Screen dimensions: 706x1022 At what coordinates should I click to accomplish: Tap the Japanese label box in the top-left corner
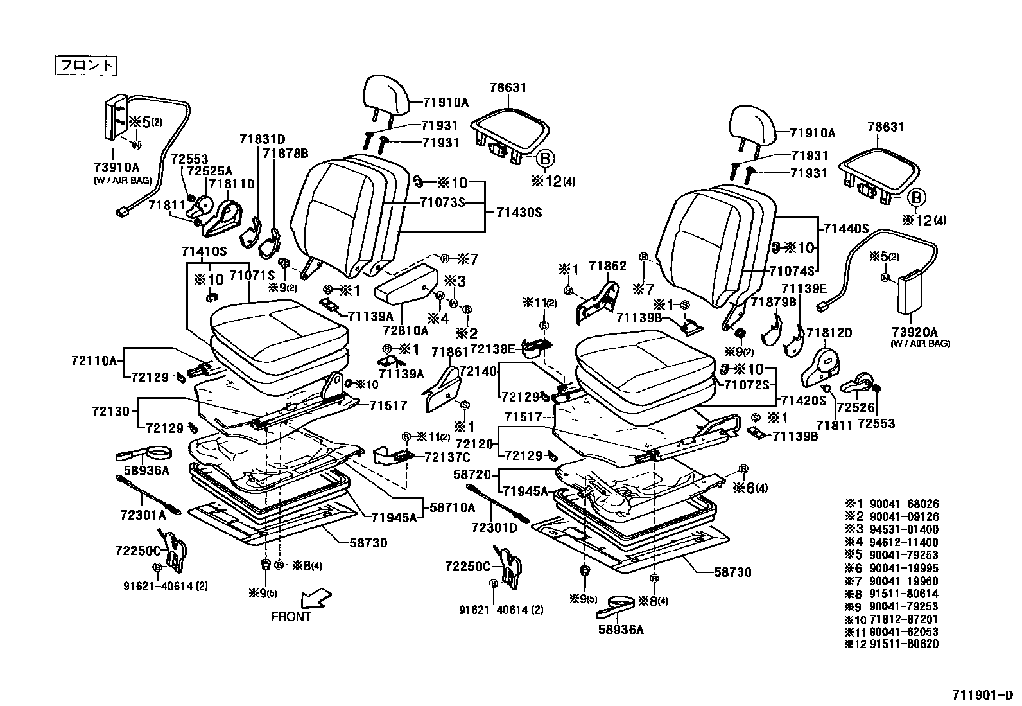click(86, 65)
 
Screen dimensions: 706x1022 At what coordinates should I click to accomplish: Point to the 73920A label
click(914, 332)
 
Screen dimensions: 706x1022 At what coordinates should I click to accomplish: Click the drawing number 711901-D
click(982, 695)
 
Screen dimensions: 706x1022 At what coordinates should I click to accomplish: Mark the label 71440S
click(846, 228)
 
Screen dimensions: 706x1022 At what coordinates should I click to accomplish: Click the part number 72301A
click(143, 515)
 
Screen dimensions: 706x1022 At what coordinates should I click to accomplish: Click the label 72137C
click(447, 457)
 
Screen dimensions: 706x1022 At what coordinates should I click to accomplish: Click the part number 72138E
click(492, 349)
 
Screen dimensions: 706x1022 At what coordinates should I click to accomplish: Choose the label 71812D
click(829, 333)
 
